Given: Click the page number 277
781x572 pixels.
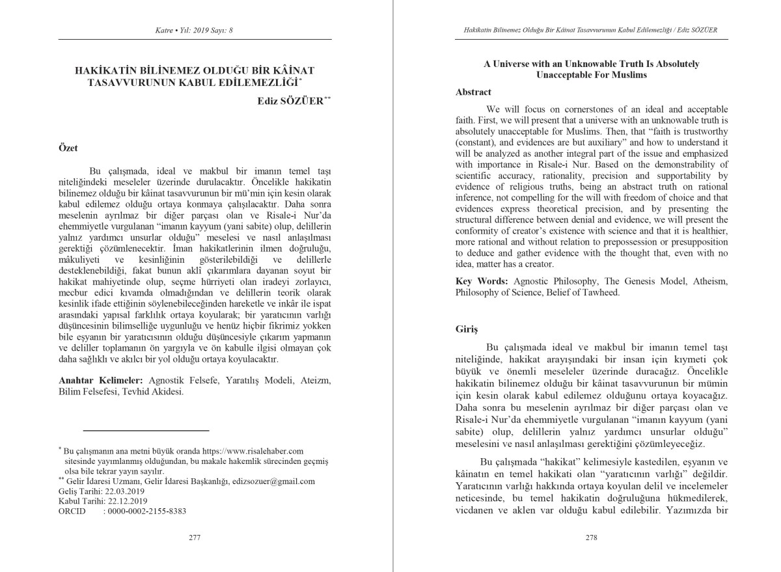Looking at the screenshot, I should point(194,538).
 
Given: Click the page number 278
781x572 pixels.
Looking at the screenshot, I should point(591,538).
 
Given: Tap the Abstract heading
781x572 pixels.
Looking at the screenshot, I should point(473,92).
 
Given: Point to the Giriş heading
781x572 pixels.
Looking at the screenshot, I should point(467,329).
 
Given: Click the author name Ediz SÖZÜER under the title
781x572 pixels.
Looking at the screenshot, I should point(285,102).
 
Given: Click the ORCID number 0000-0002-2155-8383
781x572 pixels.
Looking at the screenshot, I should point(144,511).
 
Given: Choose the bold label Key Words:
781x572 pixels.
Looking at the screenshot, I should point(482,281).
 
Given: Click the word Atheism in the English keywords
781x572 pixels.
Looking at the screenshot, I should point(707,281).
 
